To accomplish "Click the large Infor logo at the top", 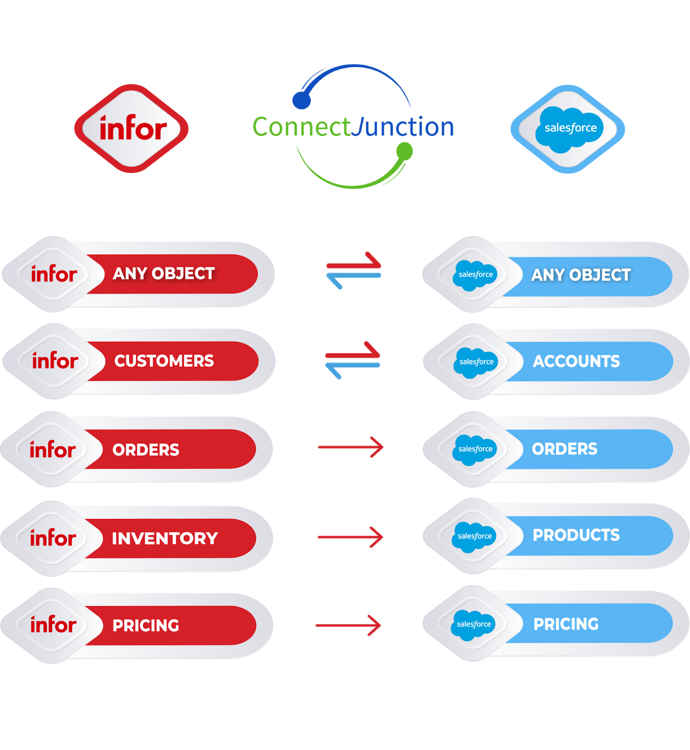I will [132, 128].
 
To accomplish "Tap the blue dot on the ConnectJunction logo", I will [301, 100].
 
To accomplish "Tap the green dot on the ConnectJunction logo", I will [404, 151].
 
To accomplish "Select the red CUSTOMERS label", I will [164, 361].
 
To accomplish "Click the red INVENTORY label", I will [165, 538].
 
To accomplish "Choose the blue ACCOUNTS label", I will [577, 361].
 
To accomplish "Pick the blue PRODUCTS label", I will [577, 535].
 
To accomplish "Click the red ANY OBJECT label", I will [164, 274].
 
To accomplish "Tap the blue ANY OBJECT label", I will [581, 275].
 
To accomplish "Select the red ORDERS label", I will [146, 450].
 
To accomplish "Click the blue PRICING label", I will [566, 624].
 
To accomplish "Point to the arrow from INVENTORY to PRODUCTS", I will [350, 537].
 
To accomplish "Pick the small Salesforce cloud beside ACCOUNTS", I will [475, 362].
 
